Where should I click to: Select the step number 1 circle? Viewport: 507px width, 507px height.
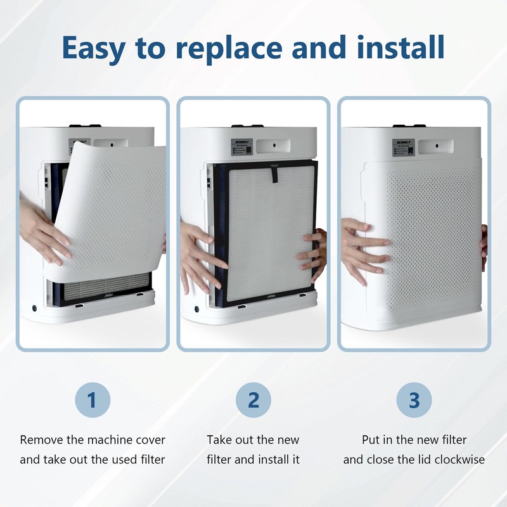pyautogui.click(x=93, y=401)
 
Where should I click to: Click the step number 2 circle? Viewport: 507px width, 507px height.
pyautogui.click(x=253, y=401)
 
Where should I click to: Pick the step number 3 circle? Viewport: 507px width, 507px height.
pyautogui.click(x=414, y=401)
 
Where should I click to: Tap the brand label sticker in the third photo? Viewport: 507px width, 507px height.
pyautogui.click(x=404, y=146)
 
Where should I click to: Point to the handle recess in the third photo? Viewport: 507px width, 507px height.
pyautogui.click(x=436, y=145)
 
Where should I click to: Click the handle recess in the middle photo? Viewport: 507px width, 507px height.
pyautogui.click(x=275, y=145)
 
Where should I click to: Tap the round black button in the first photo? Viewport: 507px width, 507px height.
pyautogui.click(x=34, y=309)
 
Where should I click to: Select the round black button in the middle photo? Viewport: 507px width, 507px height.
pyautogui.click(x=196, y=309)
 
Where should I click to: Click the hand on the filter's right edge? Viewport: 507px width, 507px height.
pyautogui.click(x=312, y=253)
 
